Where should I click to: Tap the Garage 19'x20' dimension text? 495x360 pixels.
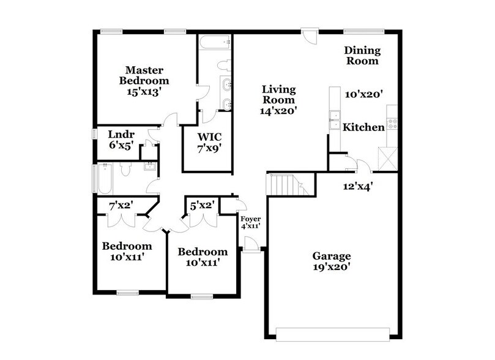332,267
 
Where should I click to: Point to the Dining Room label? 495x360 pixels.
362,56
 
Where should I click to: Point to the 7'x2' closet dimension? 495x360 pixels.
121,206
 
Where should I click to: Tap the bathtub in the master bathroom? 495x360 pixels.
215,43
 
